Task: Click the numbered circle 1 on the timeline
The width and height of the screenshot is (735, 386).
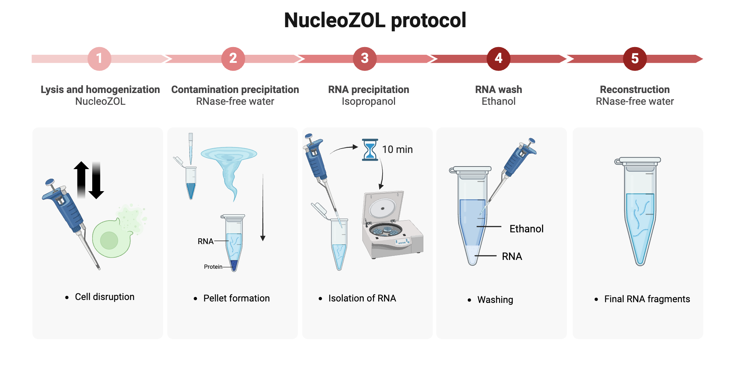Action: pos(99,58)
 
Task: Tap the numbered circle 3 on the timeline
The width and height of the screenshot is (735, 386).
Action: pos(365,58)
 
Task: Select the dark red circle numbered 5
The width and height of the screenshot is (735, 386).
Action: pos(635,58)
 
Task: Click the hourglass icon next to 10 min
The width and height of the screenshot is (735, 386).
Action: pos(370,150)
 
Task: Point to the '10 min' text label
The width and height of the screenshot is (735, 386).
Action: pos(397,150)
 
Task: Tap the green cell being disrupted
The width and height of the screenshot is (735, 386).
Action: pos(110,239)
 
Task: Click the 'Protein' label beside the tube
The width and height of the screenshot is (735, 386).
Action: pos(213,267)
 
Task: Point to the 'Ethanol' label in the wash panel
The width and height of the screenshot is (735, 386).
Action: pos(526,229)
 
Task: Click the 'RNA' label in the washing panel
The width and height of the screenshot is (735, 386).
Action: pos(512,257)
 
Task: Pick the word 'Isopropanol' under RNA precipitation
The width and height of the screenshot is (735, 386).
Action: pos(368,101)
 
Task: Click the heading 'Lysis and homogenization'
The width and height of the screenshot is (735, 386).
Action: pos(100,90)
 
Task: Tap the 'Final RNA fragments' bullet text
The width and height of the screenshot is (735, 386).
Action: pos(647,299)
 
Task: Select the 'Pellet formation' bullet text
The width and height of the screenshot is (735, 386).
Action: pos(236,299)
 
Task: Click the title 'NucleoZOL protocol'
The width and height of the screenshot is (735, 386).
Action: pos(375,20)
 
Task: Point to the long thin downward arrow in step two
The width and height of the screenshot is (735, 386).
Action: pos(263,208)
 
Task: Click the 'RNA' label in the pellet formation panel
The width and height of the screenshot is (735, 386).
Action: pos(205,242)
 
